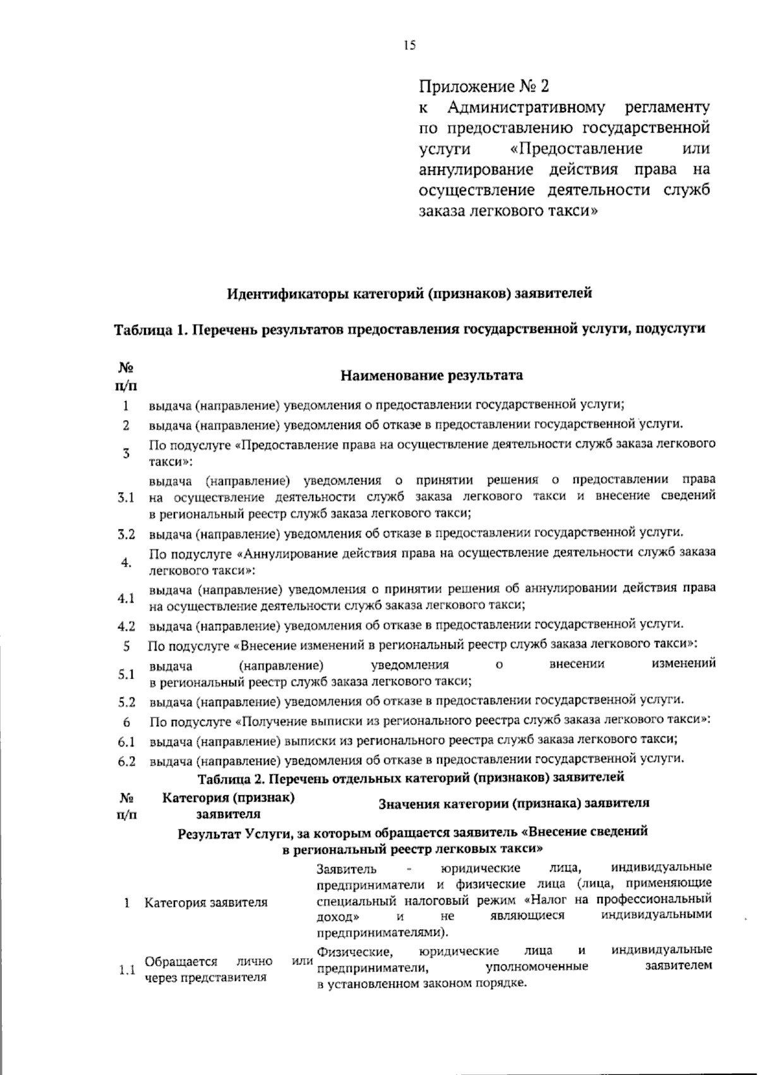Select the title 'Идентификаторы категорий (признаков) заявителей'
tap(409, 293)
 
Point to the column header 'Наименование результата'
tap(432, 376)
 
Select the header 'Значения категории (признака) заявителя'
tap(514, 803)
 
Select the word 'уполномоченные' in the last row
tap(537, 966)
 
